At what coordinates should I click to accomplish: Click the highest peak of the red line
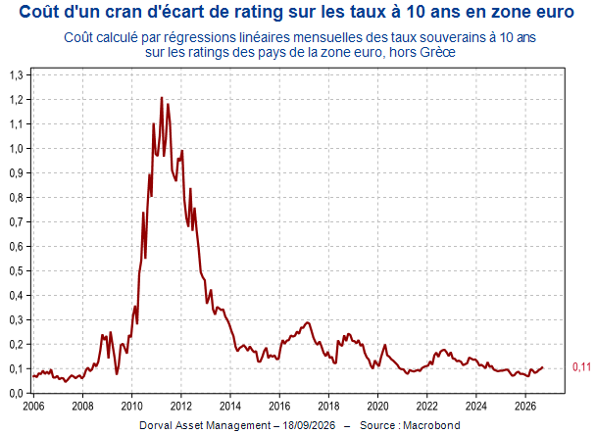[162, 98]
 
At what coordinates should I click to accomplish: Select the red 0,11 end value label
[581, 366]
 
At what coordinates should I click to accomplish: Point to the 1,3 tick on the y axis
[16, 74]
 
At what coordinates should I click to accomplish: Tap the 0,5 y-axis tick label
[16, 271]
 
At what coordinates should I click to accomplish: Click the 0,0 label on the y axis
[16, 393]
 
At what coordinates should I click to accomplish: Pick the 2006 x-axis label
[33, 407]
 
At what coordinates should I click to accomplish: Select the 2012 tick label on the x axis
[181, 407]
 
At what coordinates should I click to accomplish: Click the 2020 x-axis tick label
[377, 407]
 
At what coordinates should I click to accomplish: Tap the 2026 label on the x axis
[524, 407]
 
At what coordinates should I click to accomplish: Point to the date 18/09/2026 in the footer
[309, 425]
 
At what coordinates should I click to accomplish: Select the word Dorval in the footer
[155, 425]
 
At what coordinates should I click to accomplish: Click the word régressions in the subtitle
[195, 38]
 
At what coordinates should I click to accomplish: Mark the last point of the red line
[542, 367]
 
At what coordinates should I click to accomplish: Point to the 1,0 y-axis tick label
[16, 148]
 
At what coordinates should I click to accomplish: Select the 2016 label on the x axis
[279, 407]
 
